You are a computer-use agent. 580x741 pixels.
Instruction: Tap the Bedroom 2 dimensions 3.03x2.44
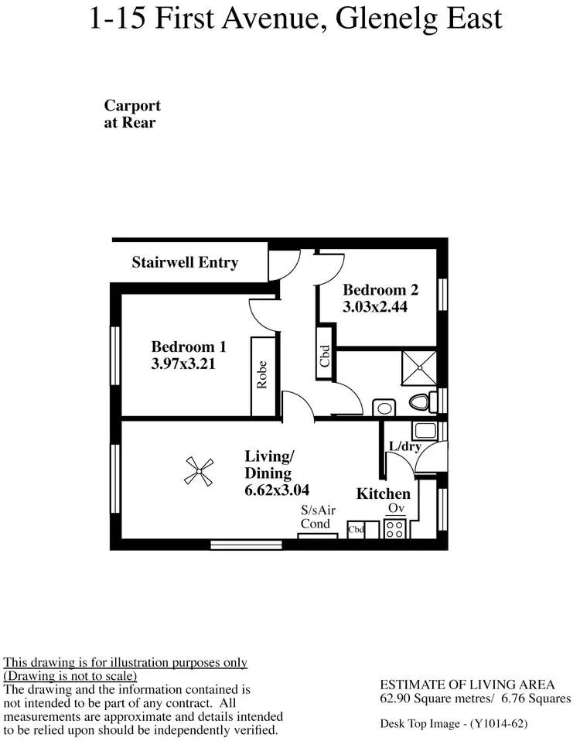[375, 306]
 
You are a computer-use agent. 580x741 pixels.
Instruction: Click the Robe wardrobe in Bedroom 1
[262, 376]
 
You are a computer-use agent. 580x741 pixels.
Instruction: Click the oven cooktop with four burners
[395, 528]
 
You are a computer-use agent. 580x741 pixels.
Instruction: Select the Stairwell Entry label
[185, 262]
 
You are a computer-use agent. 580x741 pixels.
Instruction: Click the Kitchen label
[383, 493]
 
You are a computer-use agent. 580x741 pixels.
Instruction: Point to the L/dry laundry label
[404, 446]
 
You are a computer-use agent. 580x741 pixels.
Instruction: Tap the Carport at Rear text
[132, 114]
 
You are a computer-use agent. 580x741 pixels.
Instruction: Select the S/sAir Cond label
[319, 517]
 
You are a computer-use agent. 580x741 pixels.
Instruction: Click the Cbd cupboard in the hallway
[326, 357]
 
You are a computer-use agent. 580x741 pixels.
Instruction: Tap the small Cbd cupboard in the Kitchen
[357, 530]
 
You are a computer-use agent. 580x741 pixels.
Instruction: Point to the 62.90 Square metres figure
[430, 698]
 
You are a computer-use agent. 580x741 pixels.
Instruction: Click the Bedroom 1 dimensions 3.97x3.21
[183, 363]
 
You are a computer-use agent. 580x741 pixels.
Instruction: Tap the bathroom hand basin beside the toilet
[384, 407]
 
